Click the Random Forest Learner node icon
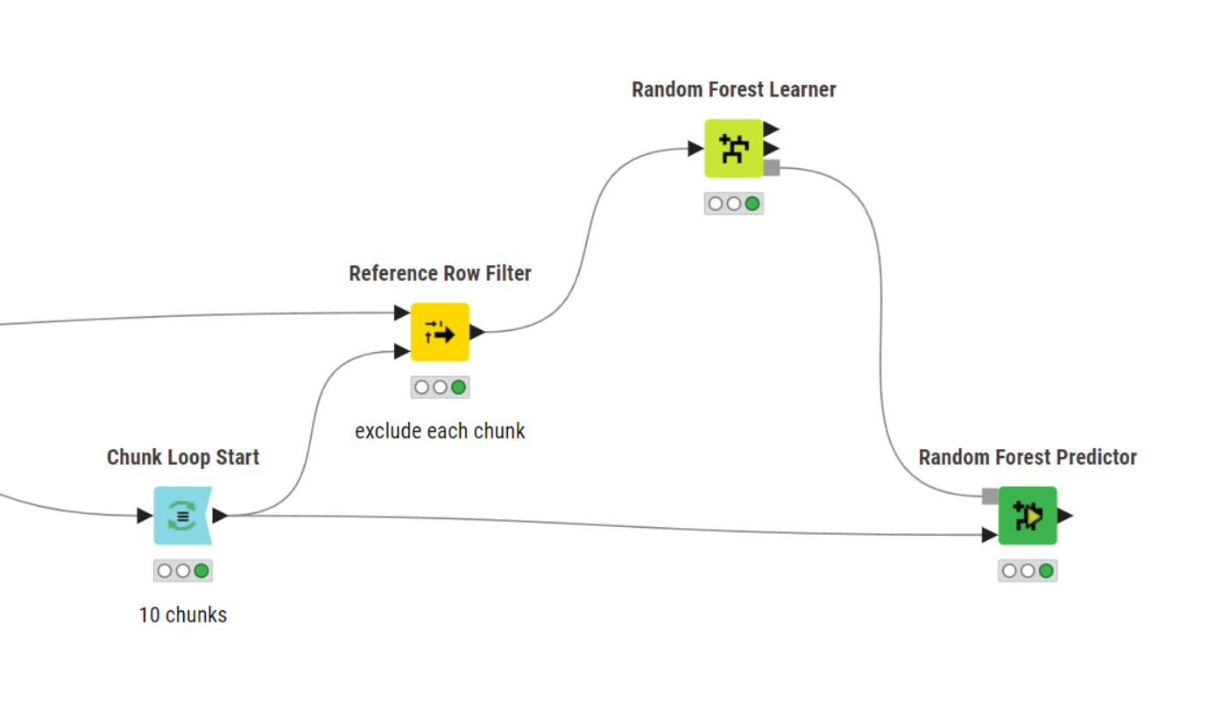(733, 148)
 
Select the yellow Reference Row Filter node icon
(440, 332)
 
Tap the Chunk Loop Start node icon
(182, 516)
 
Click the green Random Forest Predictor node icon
(1028, 516)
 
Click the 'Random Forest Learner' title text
(733, 89)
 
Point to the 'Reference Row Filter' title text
(440, 273)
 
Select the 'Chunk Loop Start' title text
(183, 457)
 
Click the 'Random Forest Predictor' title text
(1028, 457)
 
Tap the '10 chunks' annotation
(182, 615)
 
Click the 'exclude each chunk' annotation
(440, 431)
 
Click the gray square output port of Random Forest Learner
(772, 167)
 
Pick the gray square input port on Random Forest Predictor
(990, 496)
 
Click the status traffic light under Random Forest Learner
(733, 204)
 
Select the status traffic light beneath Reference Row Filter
(440, 387)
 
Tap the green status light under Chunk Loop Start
(201, 571)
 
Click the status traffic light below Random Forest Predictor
(1028, 571)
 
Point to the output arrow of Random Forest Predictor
(1064, 516)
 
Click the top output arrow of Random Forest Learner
(771, 129)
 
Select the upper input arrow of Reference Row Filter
(402, 313)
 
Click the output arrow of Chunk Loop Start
(220, 516)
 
